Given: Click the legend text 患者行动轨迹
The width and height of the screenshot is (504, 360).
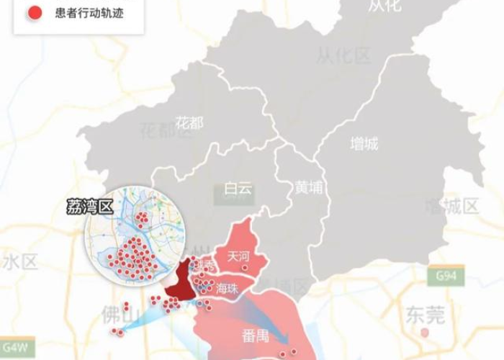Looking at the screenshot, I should [x=89, y=13].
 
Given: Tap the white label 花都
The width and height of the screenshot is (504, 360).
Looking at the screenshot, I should [x=189, y=122].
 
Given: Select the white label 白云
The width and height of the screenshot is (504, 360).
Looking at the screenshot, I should [x=238, y=189].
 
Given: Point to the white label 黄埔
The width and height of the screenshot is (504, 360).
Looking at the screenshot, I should [x=309, y=187].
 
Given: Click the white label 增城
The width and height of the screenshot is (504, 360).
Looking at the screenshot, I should [x=364, y=144].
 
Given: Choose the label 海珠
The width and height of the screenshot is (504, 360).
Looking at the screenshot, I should [x=228, y=289].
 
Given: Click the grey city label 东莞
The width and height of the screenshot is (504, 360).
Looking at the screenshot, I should [x=426, y=314].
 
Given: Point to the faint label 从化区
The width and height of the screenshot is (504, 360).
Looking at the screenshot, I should [x=343, y=55].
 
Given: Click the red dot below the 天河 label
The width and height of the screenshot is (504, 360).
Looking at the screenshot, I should [x=245, y=268].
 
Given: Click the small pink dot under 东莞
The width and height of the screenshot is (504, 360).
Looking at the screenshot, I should [x=425, y=333].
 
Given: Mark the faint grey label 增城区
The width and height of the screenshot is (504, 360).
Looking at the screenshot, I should [x=451, y=207].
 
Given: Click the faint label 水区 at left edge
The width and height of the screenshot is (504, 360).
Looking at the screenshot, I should [x=19, y=261].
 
